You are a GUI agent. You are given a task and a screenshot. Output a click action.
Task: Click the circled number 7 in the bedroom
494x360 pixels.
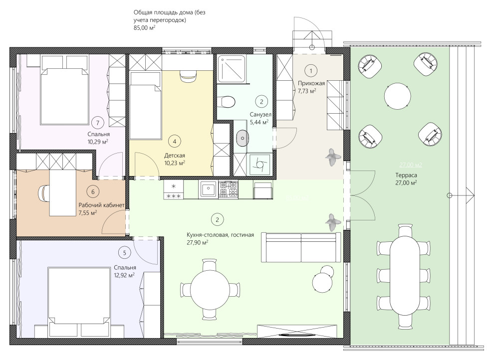coord(98,123)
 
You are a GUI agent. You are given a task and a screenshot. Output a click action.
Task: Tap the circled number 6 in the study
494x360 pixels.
coord(93,191)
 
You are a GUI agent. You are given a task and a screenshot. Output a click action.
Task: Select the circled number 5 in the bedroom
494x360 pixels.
coord(125,253)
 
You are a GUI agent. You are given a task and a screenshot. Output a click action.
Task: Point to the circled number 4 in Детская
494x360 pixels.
coord(175,141)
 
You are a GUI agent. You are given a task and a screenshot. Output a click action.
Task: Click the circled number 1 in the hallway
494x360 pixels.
coord(311,71)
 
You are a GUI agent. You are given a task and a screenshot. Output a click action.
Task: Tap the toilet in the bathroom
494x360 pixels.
coord(226,101)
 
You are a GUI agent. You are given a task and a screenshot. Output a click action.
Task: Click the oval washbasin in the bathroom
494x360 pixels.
coord(243,138)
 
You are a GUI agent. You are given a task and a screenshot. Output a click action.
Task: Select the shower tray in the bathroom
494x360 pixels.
coord(232,69)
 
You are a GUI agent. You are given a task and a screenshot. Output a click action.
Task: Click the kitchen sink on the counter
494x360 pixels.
coord(207,190)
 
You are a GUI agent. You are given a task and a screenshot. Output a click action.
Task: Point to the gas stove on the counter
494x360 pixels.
coord(228,189)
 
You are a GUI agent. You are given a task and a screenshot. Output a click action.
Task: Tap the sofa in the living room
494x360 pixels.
coord(301,247)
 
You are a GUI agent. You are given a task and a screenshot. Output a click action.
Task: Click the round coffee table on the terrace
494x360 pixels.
coord(398,96)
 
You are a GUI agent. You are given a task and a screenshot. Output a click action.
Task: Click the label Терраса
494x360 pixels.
coord(406,176)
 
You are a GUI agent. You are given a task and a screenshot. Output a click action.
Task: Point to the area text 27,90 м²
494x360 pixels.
coord(198,243)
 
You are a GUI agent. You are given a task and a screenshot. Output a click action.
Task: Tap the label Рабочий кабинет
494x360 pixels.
coord(101,205)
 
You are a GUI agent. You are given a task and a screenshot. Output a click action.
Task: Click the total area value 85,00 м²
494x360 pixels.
coord(145,28)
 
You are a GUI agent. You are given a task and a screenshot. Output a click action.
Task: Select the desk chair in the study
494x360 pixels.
coord(44,192)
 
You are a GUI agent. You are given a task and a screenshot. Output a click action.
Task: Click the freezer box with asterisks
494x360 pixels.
coord(173,190)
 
